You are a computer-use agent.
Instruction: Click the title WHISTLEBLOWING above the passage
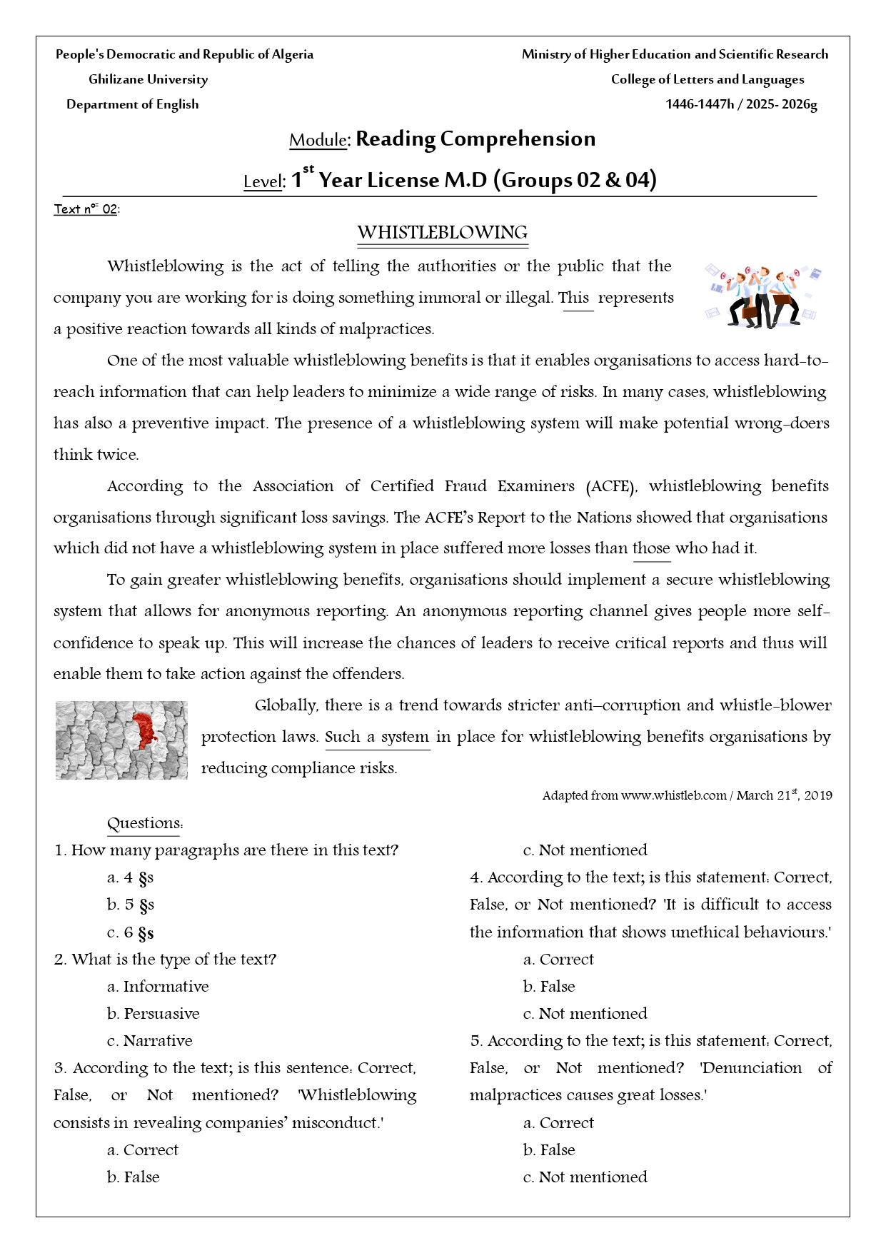tap(442, 233)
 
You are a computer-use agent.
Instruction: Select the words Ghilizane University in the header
tap(148, 79)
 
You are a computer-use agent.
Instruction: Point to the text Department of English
tap(132, 104)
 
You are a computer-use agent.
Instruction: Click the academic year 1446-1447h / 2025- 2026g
tap(741, 104)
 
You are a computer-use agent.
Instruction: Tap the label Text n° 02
tap(86, 209)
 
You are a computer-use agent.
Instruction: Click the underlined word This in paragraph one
tap(575, 298)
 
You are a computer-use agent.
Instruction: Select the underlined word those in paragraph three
tap(651, 548)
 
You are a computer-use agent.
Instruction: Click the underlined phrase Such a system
tap(377, 737)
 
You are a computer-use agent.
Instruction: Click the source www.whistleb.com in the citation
tap(673, 795)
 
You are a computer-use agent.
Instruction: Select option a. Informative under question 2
tap(158, 987)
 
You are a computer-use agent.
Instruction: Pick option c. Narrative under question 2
tap(149, 1041)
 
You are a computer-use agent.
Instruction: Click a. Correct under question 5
tap(558, 1123)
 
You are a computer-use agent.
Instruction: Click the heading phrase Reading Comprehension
tap(475, 139)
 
